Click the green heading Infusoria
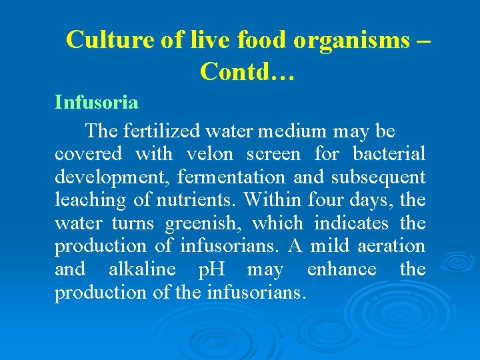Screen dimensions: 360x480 point(97,103)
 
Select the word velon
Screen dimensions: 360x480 point(209,155)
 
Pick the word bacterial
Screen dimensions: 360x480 point(389,155)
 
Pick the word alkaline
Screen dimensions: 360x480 point(142,269)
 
